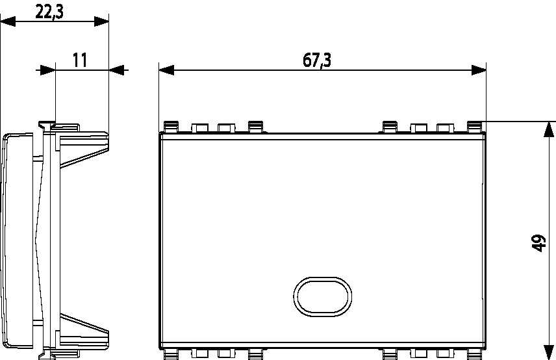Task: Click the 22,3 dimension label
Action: coord(49,12)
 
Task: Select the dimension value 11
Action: coord(80,60)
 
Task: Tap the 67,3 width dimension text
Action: coord(317,60)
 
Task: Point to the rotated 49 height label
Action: coord(538,243)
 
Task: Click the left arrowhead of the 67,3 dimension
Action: coord(166,70)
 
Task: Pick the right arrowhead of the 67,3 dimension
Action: coord(479,70)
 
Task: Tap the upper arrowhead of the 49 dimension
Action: coord(549,129)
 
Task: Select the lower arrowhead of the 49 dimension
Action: coord(549,352)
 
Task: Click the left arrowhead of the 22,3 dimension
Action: coord(8,21)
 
